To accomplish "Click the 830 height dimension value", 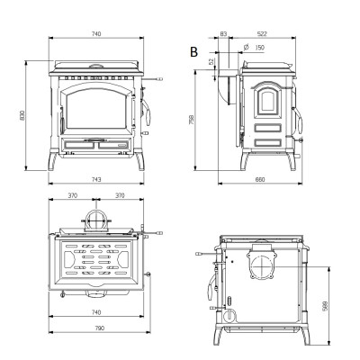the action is click(x=22, y=115).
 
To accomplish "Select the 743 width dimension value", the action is click(x=96, y=179).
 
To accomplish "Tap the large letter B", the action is click(x=193, y=52).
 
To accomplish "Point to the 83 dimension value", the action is click(x=223, y=34).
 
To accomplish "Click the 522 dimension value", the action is click(x=262, y=34).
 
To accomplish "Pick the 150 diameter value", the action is click(x=260, y=48).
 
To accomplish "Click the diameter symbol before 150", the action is click(x=247, y=47).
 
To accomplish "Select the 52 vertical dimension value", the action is click(x=211, y=62).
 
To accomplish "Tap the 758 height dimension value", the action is click(x=192, y=120).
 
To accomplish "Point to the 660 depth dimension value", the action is click(x=260, y=179).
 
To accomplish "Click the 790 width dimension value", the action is click(x=99, y=328).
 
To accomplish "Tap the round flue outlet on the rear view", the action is click(x=262, y=266).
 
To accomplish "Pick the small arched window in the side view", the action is click(x=268, y=100).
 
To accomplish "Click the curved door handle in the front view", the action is click(x=147, y=112).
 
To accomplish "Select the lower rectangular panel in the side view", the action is click(x=268, y=142).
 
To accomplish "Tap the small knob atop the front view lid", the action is click(x=96, y=66).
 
